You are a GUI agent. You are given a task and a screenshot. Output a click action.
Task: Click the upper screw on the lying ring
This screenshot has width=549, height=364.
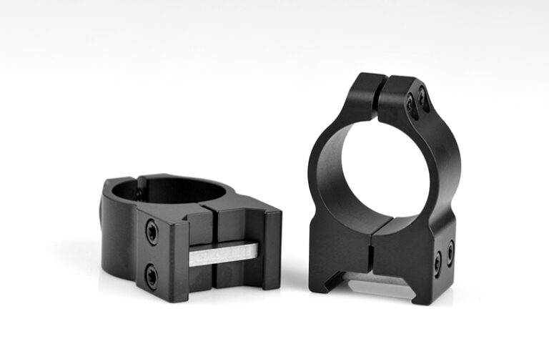[x=152, y=232]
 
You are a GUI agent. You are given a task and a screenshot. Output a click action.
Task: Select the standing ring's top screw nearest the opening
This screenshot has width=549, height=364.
[x=410, y=105]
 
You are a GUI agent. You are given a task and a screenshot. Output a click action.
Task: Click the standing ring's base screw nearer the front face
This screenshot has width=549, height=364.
[x=437, y=263]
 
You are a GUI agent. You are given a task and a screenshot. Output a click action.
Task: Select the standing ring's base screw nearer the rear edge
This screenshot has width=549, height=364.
[x=450, y=252]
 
